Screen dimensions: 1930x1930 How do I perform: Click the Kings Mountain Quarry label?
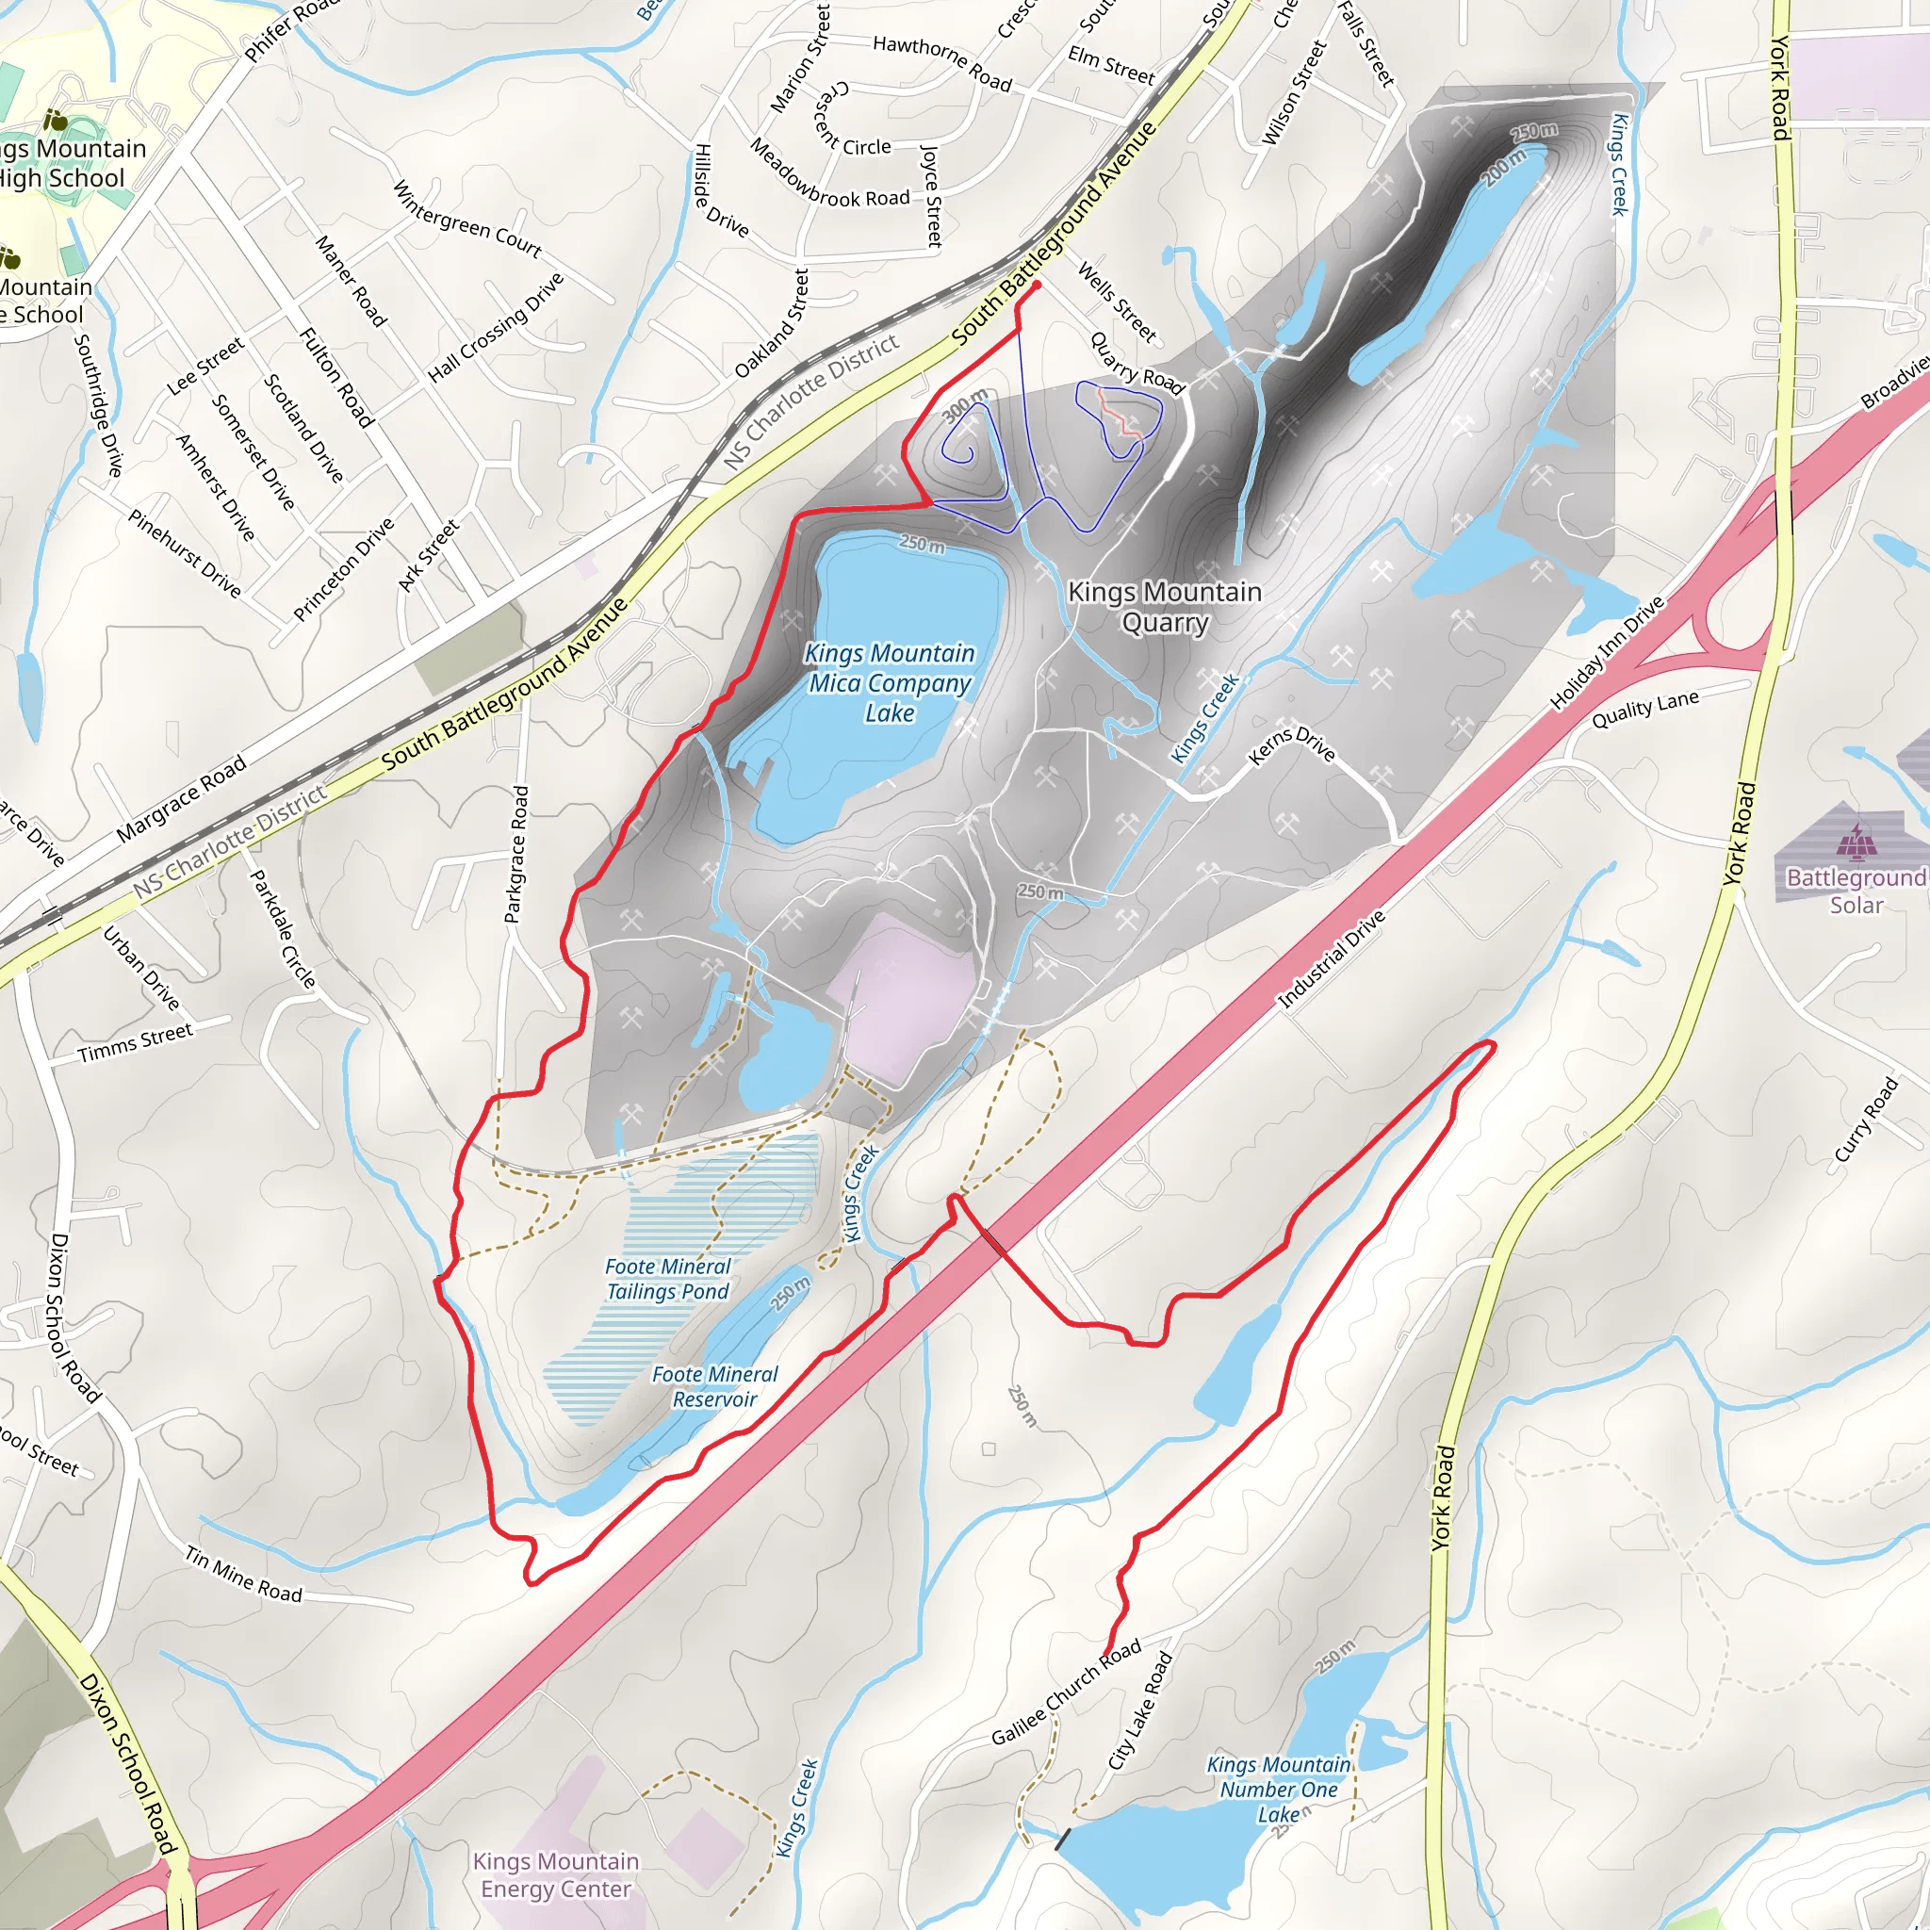point(1165,608)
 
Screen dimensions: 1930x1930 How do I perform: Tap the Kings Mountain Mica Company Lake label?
point(889,682)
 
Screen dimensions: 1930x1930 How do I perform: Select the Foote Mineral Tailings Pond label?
point(668,1279)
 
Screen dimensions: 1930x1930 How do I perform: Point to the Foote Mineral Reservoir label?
point(714,1386)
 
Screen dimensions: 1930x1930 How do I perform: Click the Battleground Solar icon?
point(1856,842)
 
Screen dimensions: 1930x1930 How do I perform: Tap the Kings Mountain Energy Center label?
point(555,1874)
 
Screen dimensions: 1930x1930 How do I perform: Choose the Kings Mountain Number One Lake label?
point(1279,1790)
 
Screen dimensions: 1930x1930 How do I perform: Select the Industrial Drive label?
point(1332,959)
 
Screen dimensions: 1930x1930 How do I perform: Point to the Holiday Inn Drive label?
point(1608,653)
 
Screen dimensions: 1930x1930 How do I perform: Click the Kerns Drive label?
point(1292,745)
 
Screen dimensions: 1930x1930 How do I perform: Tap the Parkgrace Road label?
point(515,854)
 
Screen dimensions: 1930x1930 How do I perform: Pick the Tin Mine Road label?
point(244,1575)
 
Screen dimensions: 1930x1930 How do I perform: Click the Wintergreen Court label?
point(466,219)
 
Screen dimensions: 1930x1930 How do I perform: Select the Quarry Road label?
point(1137,364)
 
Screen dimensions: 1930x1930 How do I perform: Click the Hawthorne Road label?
point(942,62)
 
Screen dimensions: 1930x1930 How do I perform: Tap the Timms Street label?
point(135,1042)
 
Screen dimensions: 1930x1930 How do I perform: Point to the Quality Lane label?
point(1645,710)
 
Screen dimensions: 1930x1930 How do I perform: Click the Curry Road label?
point(1866,1119)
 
